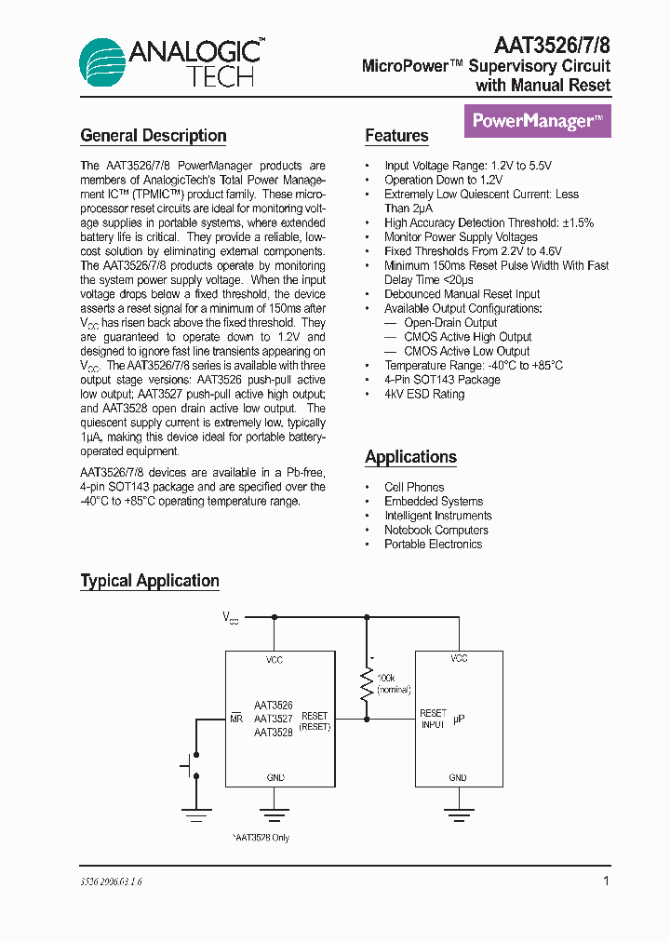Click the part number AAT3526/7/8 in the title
(552, 44)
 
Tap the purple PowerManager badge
(537, 121)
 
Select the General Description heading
(154, 136)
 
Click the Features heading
(396, 136)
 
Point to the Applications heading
(410, 457)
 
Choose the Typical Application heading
(150, 581)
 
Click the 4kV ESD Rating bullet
(424, 394)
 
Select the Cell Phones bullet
(414, 487)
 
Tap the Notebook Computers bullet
(435, 530)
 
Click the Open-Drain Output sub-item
(450, 322)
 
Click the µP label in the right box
(459, 720)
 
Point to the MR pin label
(235, 719)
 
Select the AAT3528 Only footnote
(261, 838)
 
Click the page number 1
(607, 881)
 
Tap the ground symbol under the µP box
(458, 815)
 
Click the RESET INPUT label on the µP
(433, 719)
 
